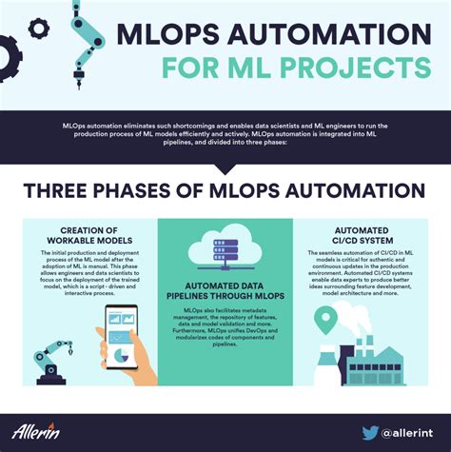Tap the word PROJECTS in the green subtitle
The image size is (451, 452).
click(x=359, y=69)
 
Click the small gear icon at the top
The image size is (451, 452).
click(x=39, y=29)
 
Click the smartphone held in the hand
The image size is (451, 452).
click(x=121, y=337)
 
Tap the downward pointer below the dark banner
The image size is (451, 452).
click(x=225, y=168)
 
